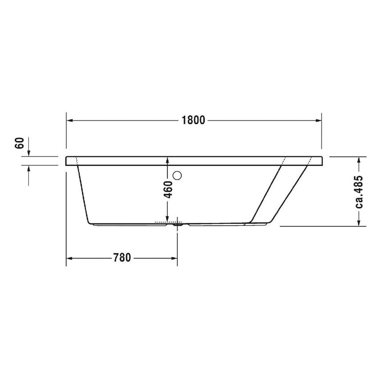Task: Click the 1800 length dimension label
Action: pos(193,121)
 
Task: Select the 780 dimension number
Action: pos(122,258)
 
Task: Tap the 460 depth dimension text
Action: pos(167,190)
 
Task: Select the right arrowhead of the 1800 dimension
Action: pos(318,121)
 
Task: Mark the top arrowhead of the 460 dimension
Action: pos(167,160)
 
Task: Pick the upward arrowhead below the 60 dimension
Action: pos(29,169)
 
